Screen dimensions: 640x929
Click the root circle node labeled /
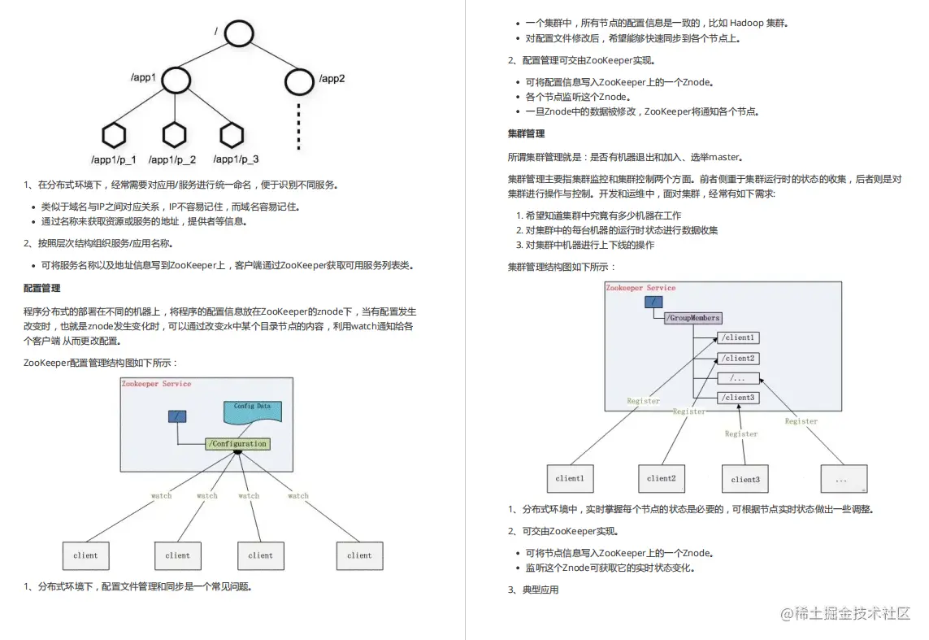[240, 34]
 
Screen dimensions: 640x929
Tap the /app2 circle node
[299, 80]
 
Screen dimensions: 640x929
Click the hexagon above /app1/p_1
[115, 134]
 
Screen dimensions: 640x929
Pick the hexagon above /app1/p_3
[232, 134]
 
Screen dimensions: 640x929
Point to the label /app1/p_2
[172, 159]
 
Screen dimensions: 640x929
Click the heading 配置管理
[42, 288]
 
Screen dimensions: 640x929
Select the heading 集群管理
[526, 133]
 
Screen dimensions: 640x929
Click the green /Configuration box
[237, 444]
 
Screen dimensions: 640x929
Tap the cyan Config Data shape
[253, 411]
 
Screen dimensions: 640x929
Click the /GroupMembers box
[693, 318]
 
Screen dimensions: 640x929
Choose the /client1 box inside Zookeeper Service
[738, 337]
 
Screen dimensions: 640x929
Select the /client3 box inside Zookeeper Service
[738, 398]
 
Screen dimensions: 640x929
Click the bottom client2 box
[661, 479]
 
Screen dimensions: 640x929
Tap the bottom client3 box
[745, 479]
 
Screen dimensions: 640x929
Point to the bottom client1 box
[569, 479]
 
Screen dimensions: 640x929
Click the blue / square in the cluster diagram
[653, 302]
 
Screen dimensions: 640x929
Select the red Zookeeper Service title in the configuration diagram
[156, 384]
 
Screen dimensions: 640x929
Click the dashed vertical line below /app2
[299, 126]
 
